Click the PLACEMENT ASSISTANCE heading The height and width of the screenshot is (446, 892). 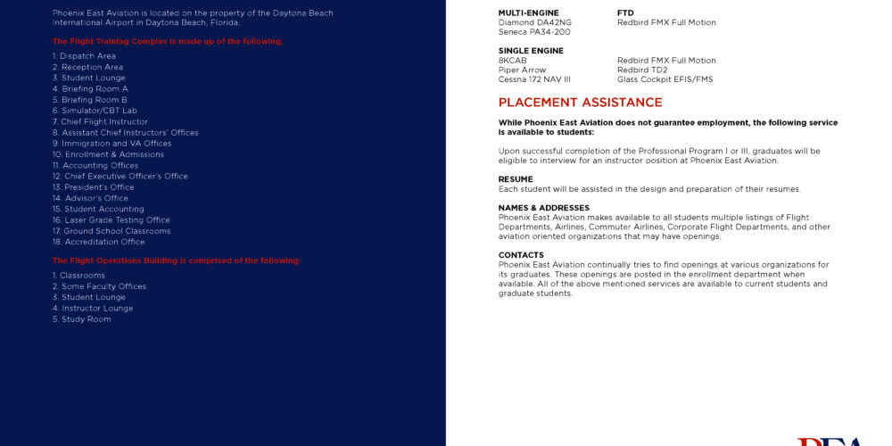pyautogui.click(x=580, y=103)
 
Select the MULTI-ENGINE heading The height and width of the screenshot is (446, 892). pyautogui.click(x=528, y=13)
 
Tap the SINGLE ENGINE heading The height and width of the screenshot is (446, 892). pyautogui.click(x=531, y=51)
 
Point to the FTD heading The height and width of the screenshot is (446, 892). pyautogui.click(x=625, y=13)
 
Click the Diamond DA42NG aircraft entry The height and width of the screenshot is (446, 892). pyautogui.click(x=535, y=22)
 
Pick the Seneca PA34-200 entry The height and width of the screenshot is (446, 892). pyautogui.click(x=533, y=32)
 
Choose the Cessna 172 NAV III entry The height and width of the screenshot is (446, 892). pyautogui.click(x=534, y=79)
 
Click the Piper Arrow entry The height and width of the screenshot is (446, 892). pyautogui.click(x=522, y=70)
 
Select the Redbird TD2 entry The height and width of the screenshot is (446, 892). pyautogui.click(x=642, y=70)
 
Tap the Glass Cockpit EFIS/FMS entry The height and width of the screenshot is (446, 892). pyautogui.click(x=665, y=79)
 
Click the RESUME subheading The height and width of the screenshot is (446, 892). pyautogui.click(x=516, y=179)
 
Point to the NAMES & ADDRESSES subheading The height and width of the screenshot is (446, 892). pyautogui.click(x=544, y=208)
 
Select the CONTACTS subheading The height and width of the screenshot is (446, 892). pyautogui.click(x=521, y=255)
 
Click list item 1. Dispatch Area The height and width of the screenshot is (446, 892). pyautogui.click(x=84, y=56)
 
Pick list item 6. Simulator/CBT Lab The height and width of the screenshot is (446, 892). pyautogui.click(x=95, y=111)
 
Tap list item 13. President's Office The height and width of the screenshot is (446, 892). pyautogui.click(x=94, y=187)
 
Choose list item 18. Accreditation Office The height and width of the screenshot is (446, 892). pyautogui.click(x=98, y=242)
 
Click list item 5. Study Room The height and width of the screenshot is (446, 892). pyautogui.click(x=82, y=319)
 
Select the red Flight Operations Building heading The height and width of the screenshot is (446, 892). pyautogui.click(x=177, y=260)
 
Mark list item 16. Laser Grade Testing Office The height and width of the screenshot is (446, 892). pyautogui.click(x=111, y=220)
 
